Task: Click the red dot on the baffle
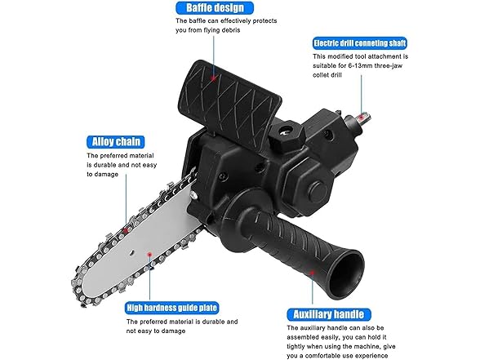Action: tap(214, 80)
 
